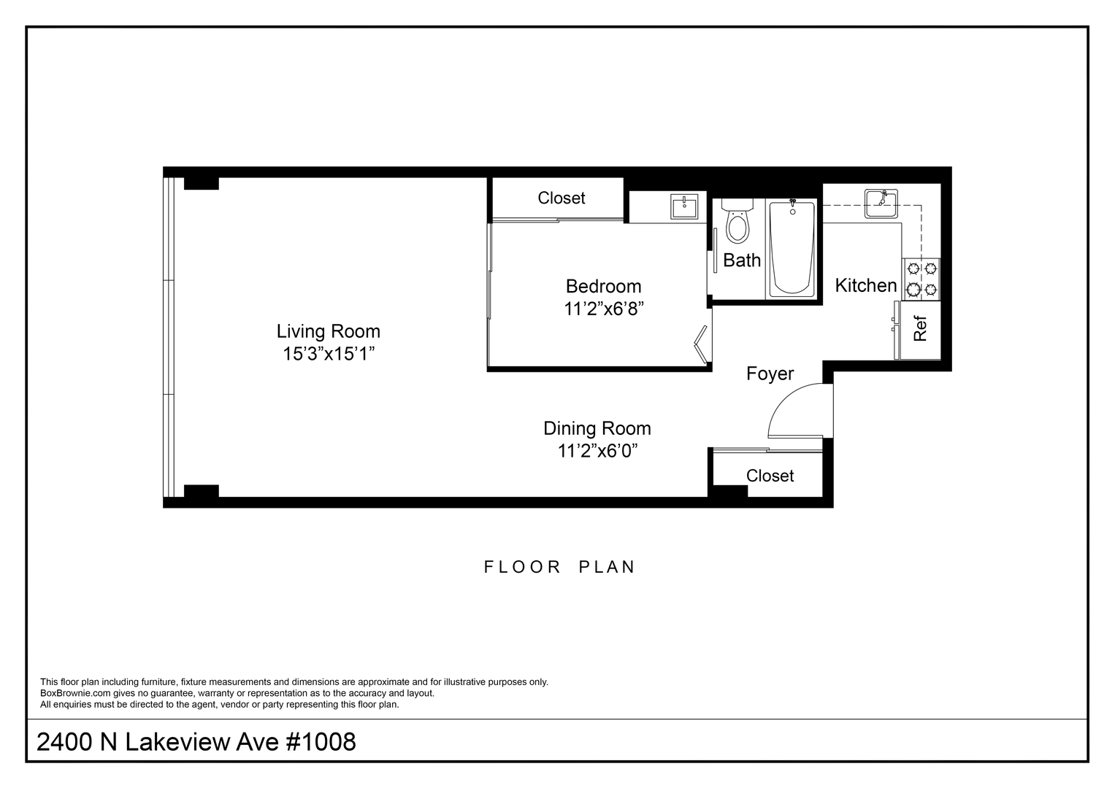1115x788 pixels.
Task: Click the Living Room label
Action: pyautogui.click(x=328, y=331)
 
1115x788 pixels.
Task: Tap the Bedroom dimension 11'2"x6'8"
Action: pyautogui.click(x=603, y=309)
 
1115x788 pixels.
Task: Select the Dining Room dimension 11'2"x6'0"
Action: pyautogui.click(x=597, y=451)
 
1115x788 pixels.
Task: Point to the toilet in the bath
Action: pyautogui.click(x=737, y=221)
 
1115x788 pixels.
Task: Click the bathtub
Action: pyautogui.click(x=792, y=249)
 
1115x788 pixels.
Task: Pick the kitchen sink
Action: pyautogui.click(x=881, y=204)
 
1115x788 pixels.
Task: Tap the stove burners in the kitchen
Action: pyautogui.click(x=922, y=279)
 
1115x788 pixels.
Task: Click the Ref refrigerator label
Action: pyautogui.click(x=920, y=328)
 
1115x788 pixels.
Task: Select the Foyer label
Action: pyautogui.click(x=770, y=374)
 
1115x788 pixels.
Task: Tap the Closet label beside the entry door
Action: pyautogui.click(x=770, y=476)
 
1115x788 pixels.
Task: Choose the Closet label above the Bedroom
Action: pyautogui.click(x=561, y=198)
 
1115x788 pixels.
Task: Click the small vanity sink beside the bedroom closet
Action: pyautogui.click(x=684, y=207)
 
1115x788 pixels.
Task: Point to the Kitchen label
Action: pyautogui.click(x=865, y=285)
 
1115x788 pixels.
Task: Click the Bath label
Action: pyautogui.click(x=742, y=260)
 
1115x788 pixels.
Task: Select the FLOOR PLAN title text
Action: pyautogui.click(x=559, y=567)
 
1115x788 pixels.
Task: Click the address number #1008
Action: pyautogui.click(x=320, y=742)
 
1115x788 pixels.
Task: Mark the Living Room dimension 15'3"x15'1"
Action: pyautogui.click(x=329, y=354)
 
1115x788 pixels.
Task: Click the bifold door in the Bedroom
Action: pyautogui.click(x=702, y=344)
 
